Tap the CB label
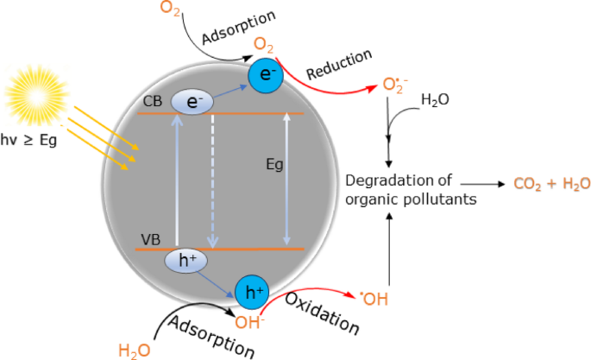click(153, 104)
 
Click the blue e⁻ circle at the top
click(266, 76)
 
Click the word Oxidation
click(321, 315)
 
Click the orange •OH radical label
click(376, 300)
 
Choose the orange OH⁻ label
click(248, 324)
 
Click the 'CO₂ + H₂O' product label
click(551, 184)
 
